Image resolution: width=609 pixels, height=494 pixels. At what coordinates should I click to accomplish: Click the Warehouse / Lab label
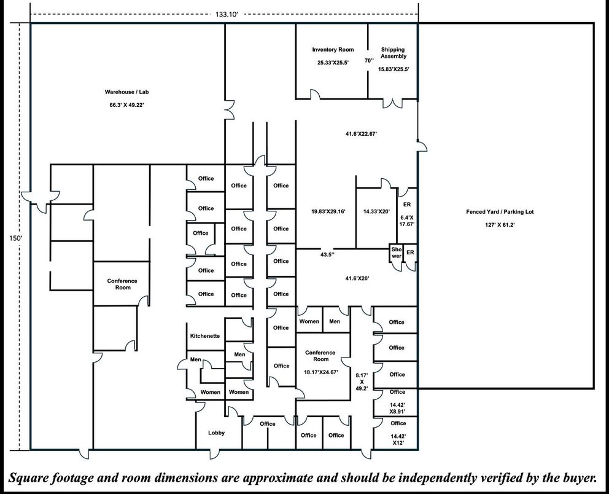tap(126, 92)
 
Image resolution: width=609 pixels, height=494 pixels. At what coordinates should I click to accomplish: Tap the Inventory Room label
tap(333, 50)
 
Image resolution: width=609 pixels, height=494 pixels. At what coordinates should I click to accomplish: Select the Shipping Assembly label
tap(393, 53)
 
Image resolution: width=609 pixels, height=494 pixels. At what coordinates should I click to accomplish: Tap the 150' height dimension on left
tap(14, 238)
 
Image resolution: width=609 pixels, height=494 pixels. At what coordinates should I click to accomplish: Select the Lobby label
tap(216, 433)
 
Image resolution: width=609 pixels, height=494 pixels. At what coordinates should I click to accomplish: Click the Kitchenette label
tap(205, 336)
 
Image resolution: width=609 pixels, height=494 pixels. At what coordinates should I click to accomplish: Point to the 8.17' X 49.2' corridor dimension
tap(362, 381)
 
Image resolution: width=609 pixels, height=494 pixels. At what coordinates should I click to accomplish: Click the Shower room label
tap(396, 253)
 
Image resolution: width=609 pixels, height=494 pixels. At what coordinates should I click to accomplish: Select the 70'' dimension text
tap(368, 61)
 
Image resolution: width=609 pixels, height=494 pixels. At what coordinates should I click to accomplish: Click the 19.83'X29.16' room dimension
tap(328, 211)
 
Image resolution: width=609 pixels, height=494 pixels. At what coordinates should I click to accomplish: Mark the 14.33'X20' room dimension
tap(376, 211)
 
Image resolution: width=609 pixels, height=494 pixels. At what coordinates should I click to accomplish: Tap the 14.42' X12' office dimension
tap(398, 439)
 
